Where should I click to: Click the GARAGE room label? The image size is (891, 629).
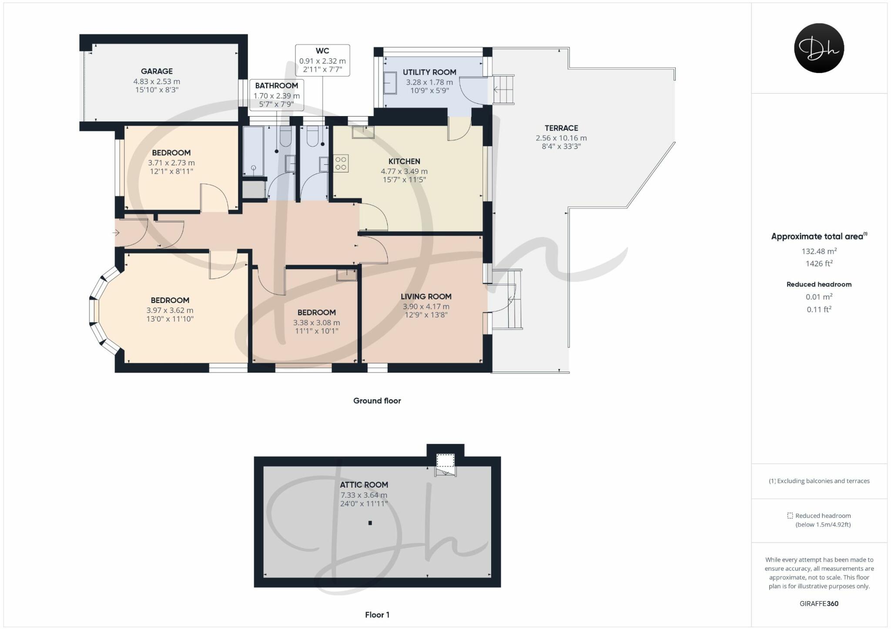click(x=157, y=71)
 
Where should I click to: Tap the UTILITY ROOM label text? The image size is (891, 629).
click(x=429, y=72)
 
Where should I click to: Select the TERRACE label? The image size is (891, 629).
click(x=561, y=128)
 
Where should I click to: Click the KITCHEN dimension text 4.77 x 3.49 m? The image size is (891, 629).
click(x=404, y=171)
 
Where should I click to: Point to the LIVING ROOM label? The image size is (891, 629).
click(x=426, y=296)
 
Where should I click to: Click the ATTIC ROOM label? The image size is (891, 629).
click(x=364, y=485)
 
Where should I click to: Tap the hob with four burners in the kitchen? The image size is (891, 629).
click(x=341, y=164)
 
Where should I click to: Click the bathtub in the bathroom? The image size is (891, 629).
click(x=253, y=151)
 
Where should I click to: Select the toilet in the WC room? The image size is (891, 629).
click(x=312, y=136)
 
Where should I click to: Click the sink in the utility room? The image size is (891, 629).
click(x=390, y=83)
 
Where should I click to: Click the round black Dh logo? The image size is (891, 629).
click(x=819, y=48)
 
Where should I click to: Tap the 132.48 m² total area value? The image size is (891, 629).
click(x=819, y=251)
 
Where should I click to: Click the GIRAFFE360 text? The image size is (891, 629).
click(x=819, y=603)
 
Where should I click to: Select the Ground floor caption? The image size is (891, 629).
click(x=377, y=401)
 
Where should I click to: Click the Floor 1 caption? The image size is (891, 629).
click(x=377, y=615)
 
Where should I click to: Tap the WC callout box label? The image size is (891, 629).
click(x=322, y=51)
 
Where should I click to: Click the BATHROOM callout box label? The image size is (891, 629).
click(x=276, y=86)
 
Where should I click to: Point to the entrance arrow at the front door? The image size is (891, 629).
click(x=116, y=233)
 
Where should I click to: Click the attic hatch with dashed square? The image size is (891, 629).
click(x=445, y=460)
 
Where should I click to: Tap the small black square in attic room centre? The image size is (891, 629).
click(x=370, y=523)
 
